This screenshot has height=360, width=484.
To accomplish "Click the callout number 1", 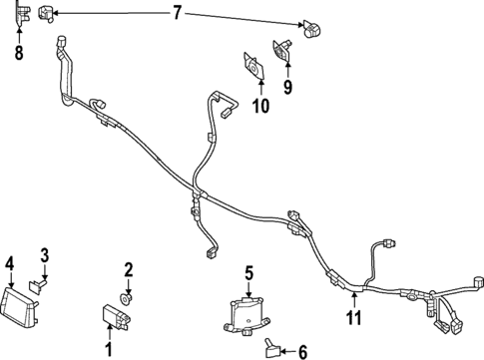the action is (x=110, y=349).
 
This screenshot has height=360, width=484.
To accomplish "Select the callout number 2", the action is (x=128, y=269).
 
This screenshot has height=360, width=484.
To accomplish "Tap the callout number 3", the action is (x=44, y=258).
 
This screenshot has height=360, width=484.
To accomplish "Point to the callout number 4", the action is (x=9, y=263).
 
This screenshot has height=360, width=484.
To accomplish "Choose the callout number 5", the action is (x=249, y=271).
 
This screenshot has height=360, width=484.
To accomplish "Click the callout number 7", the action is (x=177, y=13).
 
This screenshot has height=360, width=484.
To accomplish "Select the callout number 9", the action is (x=288, y=87).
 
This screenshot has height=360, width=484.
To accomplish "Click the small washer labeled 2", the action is (x=127, y=297).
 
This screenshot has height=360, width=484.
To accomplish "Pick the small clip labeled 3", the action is (x=37, y=284).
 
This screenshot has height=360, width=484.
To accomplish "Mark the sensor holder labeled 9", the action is (x=283, y=47).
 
